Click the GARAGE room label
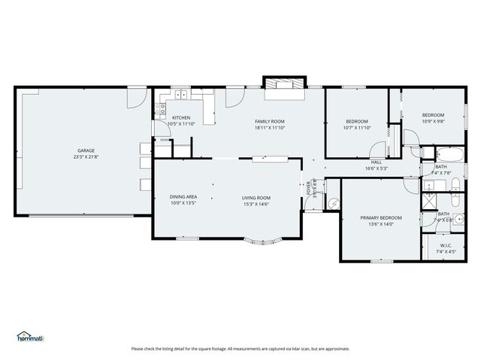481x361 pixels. coord(86,150)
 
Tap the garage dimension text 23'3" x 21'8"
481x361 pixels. coord(86,157)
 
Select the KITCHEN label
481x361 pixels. coord(181,117)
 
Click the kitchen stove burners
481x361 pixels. coord(160,108)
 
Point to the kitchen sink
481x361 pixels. coord(182,95)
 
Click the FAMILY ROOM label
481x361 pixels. coord(269,121)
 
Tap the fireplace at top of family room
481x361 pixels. coord(284,83)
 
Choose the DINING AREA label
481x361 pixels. coord(183,197)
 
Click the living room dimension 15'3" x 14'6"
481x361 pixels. coord(256,204)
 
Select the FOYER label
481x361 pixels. coord(309,188)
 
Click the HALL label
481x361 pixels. coord(376,162)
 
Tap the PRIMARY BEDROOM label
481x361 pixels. coord(381,217)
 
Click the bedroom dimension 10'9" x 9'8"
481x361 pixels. coord(433,121)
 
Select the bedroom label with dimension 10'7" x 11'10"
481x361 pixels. coord(356,121)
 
